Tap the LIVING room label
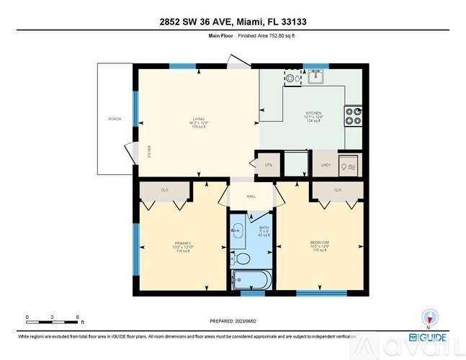pyautogui.click(x=198, y=119)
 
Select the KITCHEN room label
pyautogui.click(x=313, y=113)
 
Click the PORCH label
pyautogui.click(x=114, y=119)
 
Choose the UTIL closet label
pyautogui.click(x=269, y=165)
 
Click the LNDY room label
pyautogui.click(x=326, y=165)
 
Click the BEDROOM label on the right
pyautogui.click(x=320, y=242)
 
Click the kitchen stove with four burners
pyautogui.click(x=353, y=116)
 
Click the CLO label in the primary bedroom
pyautogui.click(x=165, y=189)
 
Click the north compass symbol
pyautogui.click(x=429, y=318)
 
